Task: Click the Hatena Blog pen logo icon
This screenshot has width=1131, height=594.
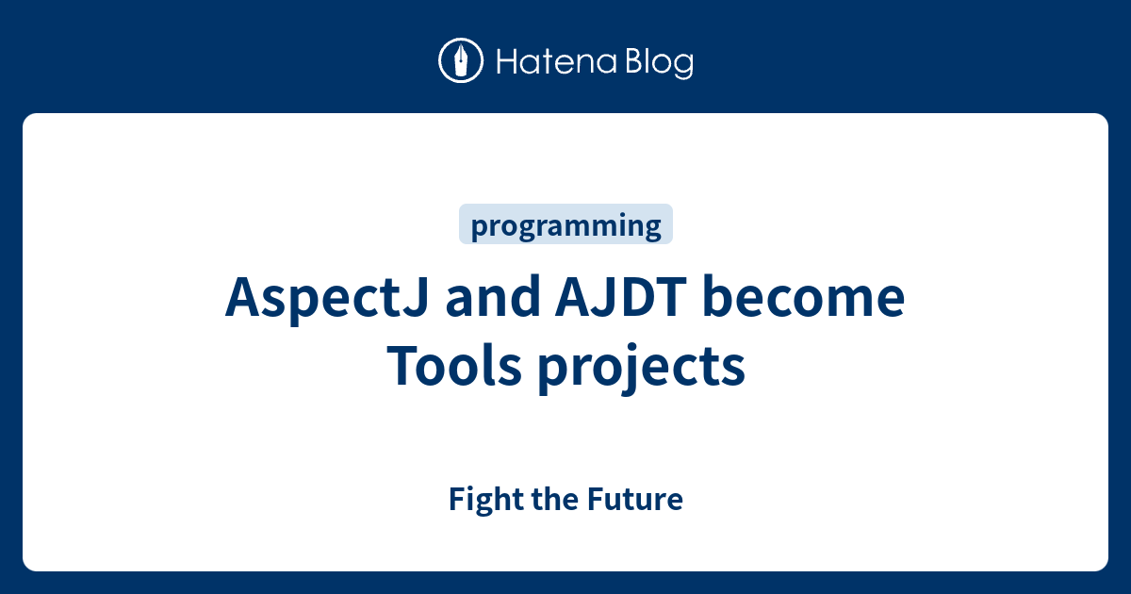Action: pyautogui.click(x=461, y=61)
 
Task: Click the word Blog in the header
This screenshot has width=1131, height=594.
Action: pyautogui.click(x=658, y=62)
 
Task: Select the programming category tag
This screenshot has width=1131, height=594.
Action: pyautogui.click(x=565, y=225)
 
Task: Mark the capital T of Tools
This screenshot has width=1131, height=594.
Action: pyautogui.click(x=401, y=366)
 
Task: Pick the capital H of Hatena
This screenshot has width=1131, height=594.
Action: pyautogui.click(x=504, y=62)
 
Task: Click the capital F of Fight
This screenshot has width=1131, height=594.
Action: pyautogui.click(x=456, y=499)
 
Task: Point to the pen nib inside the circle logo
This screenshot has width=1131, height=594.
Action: pyautogui.click(x=461, y=60)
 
